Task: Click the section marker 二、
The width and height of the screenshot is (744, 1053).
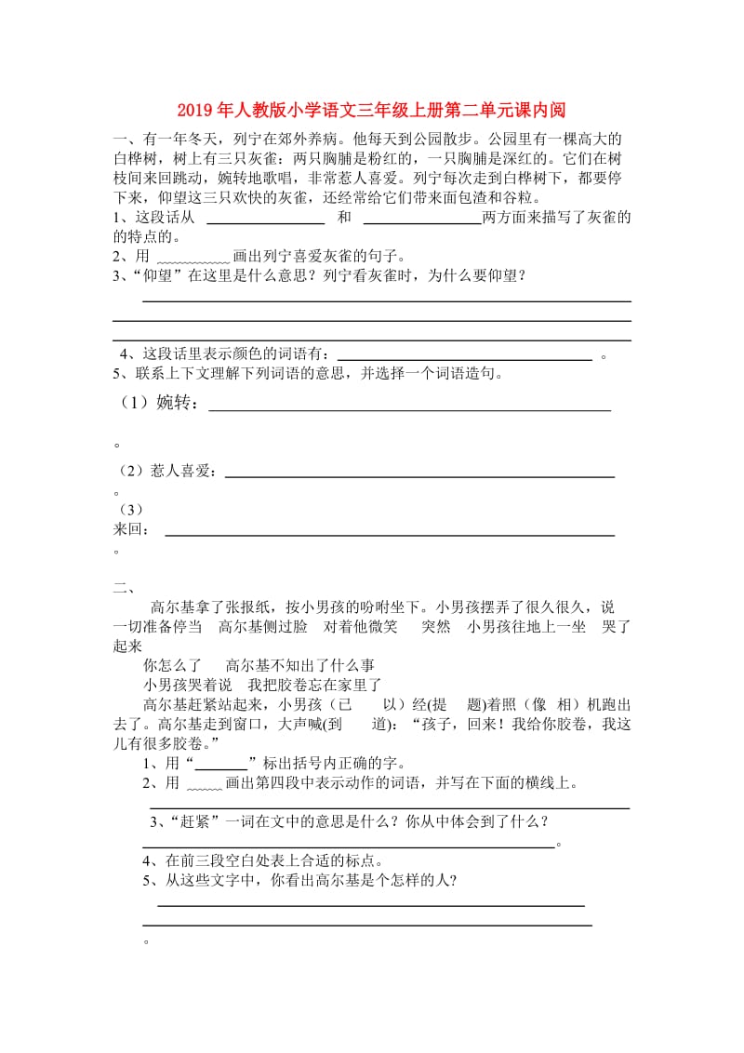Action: click(124, 586)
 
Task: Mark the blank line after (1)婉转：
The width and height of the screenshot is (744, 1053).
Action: click(409, 409)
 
